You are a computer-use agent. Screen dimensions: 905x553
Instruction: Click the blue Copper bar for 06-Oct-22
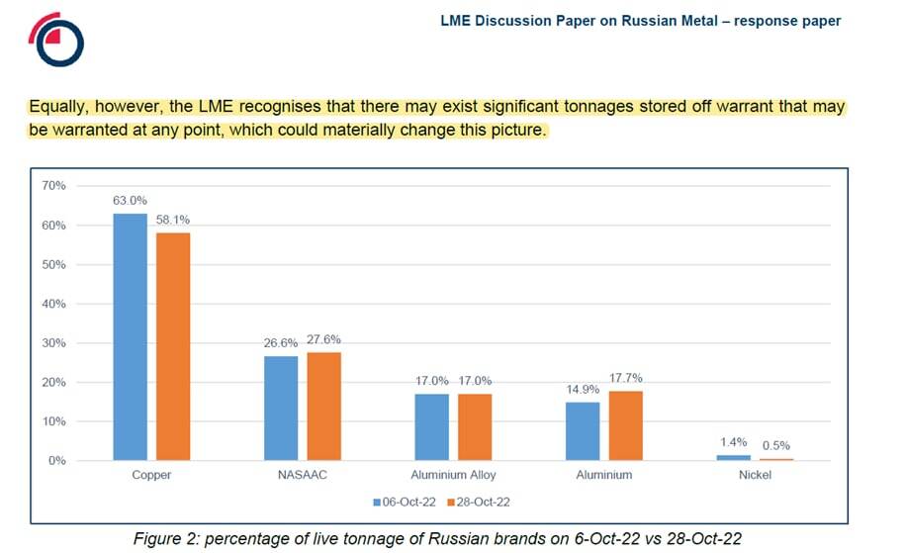pos(130,337)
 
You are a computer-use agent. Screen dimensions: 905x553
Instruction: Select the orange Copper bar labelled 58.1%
pos(173,346)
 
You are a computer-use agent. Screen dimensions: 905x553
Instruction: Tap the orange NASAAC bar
pos(323,407)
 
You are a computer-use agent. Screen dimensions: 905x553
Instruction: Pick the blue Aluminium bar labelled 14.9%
pos(583,431)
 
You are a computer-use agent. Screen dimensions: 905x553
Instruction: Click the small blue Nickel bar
pos(734,458)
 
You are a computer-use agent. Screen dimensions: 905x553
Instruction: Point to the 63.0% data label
pos(130,200)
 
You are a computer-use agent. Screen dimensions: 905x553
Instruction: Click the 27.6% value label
pos(323,339)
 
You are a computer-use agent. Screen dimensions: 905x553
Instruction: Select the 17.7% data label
pos(626,378)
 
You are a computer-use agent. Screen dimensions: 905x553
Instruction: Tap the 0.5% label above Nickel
pos(776,445)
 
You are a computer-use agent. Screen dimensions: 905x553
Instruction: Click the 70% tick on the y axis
pos(53,186)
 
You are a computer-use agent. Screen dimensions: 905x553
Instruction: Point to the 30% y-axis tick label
pos(53,343)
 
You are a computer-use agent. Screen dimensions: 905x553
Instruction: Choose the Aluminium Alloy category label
pos(453,475)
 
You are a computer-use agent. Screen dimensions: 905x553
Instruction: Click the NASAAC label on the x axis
pos(302,475)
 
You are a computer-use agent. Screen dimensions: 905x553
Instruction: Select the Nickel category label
pos(755,475)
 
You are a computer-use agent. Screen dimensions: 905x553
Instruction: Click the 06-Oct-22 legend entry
pos(405,503)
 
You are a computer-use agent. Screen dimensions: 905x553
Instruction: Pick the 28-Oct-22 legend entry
pos(479,503)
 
